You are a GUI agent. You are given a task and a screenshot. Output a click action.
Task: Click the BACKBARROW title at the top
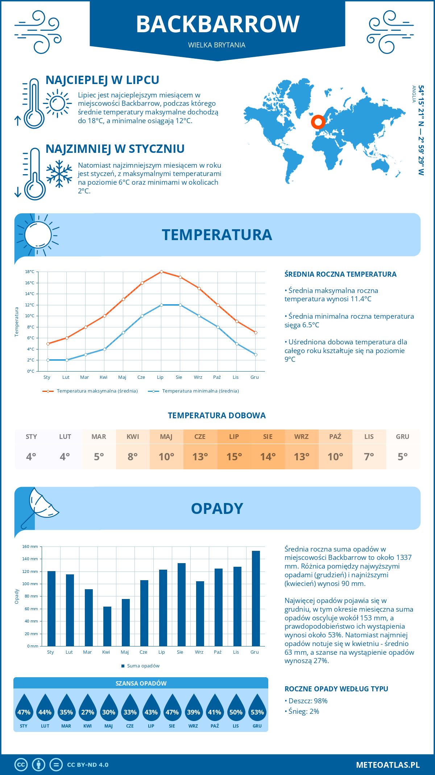[217, 24]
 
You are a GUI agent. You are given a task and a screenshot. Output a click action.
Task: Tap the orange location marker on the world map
[318, 122]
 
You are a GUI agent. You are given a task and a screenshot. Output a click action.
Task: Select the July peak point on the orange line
[161, 272]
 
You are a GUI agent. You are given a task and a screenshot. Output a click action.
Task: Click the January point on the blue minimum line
[48, 360]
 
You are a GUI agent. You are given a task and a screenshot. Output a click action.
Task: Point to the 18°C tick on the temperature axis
[30, 272]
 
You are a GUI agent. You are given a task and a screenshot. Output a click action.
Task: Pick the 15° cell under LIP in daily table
[234, 457]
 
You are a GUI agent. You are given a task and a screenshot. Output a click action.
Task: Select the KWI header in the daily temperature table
[133, 437]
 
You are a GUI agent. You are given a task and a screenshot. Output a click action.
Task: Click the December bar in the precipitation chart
[256, 598]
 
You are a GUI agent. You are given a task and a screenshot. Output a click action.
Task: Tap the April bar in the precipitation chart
[107, 626]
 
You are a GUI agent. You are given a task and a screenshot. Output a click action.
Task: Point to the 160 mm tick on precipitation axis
[30, 546]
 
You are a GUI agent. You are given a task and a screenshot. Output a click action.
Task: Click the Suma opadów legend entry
[143, 666]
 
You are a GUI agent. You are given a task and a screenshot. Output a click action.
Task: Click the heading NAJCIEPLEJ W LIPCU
[102, 80]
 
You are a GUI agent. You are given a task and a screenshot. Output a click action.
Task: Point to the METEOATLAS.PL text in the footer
[388, 765]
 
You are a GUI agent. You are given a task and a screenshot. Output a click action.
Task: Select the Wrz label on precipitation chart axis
[199, 652]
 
